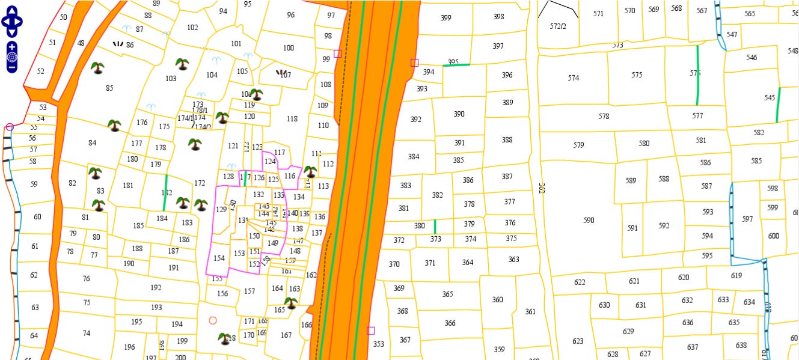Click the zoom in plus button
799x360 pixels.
tap(12, 47)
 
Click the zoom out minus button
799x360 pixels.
tap(12, 67)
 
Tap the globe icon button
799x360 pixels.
tap(12, 57)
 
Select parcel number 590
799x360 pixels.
tap(589, 221)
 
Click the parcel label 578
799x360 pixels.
tap(604, 117)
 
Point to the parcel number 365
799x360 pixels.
tap(447, 294)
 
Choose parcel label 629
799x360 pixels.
tap(628, 332)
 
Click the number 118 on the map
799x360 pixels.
tap(292, 119)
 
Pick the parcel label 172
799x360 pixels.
tap(200, 183)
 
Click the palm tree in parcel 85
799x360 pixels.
tap(97, 67)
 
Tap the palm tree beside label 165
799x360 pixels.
tap(291, 302)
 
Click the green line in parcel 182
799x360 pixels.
tap(165, 193)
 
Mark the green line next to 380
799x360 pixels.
tap(435, 227)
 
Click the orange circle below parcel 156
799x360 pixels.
tap(212, 321)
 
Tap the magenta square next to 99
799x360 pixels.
tap(337, 53)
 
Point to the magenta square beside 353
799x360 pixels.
tap(370, 331)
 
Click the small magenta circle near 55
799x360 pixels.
tap(10, 127)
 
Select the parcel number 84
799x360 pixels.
tap(92, 143)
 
